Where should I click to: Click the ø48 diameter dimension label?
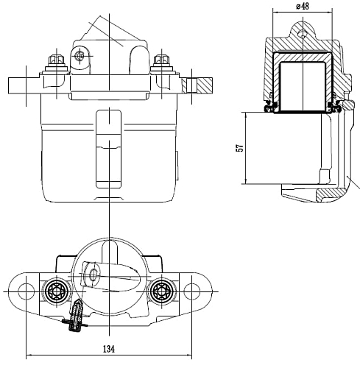[x=303, y=6]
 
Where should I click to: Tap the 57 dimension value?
[x=240, y=148]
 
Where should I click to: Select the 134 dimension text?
[x=109, y=349]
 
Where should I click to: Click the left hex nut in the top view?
[x=57, y=60]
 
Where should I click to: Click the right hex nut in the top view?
[x=161, y=60]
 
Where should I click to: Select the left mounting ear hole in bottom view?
[x=26, y=291]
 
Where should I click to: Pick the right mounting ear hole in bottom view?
[x=192, y=291]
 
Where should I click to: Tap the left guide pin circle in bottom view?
[x=57, y=291]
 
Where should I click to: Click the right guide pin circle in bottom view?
[x=161, y=291]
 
